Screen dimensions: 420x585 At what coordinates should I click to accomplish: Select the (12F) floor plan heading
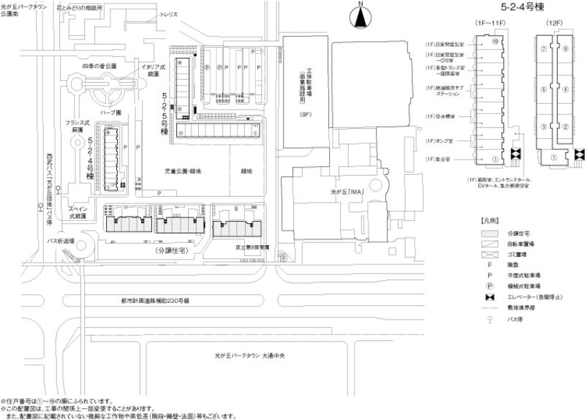[555, 25]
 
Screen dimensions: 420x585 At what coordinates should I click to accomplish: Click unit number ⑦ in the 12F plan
[543, 49]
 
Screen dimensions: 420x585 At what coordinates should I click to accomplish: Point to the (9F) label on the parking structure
[305, 115]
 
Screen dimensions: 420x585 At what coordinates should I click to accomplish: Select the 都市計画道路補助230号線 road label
[156, 301]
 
